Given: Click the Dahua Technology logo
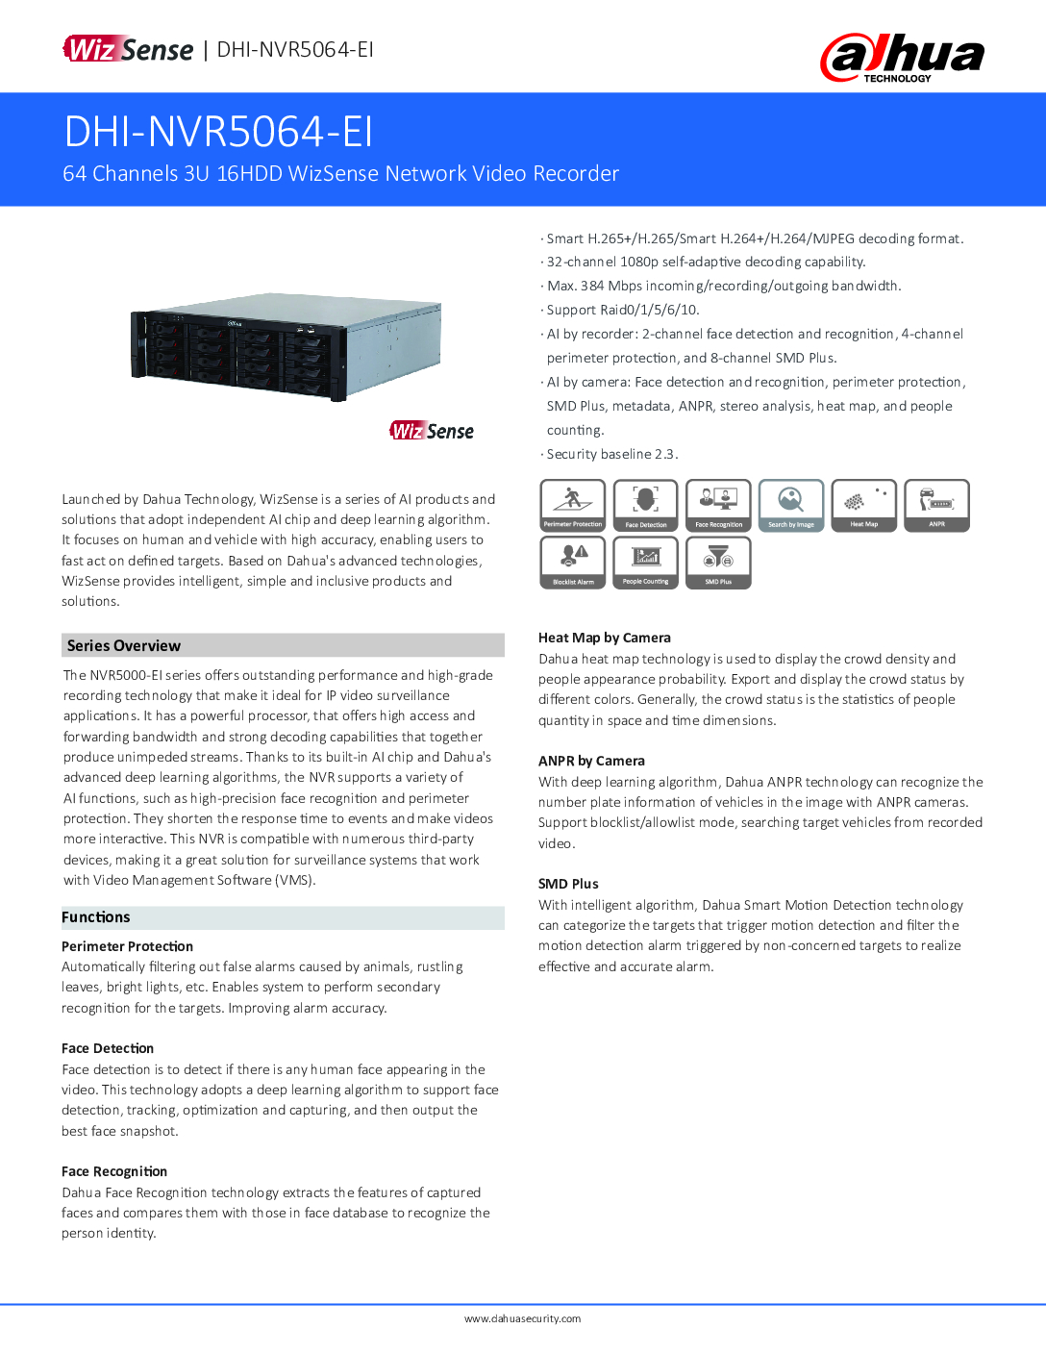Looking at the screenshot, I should click(902, 58).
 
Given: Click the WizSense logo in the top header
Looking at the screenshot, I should click(128, 49).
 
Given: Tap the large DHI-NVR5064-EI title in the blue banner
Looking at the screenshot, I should click(218, 132).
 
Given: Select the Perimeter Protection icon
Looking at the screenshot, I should click(573, 505).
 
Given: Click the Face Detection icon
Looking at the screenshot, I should click(646, 505).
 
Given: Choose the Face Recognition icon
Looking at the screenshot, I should click(718, 505).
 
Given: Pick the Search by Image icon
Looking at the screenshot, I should click(791, 505).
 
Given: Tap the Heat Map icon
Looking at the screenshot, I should click(864, 505).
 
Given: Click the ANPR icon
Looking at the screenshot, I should click(937, 505).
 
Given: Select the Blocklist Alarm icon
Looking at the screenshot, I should click(573, 563).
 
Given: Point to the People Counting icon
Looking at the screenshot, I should click(646, 563).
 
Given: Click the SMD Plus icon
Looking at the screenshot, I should click(718, 563).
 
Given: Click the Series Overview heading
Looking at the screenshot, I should click(124, 645).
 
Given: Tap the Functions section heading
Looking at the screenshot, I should click(96, 917).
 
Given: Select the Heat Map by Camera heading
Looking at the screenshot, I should click(605, 638).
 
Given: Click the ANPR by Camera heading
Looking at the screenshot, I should click(591, 761).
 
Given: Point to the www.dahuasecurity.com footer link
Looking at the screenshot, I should click(522, 1318).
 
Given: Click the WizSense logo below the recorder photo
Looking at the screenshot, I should click(432, 431).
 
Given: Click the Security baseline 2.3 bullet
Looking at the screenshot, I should click(611, 454).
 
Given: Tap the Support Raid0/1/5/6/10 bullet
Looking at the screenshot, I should click(622, 310).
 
